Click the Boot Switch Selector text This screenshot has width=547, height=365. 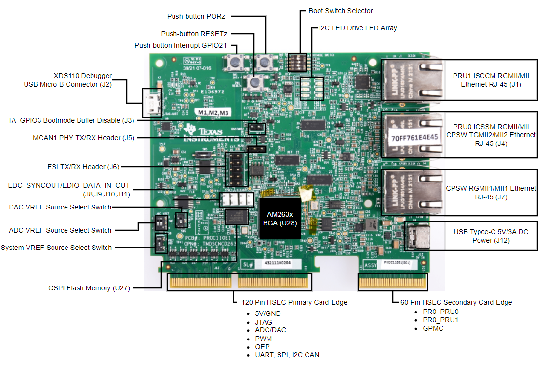(x=340, y=11)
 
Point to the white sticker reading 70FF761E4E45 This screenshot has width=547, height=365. (x=414, y=137)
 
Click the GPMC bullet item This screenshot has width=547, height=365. (x=433, y=328)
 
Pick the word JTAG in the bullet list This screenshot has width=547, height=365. (x=264, y=322)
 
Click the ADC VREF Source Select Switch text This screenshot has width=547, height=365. (x=60, y=230)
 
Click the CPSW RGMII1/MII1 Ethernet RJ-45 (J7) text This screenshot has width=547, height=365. (x=490, y=193)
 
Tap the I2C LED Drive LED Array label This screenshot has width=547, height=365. (x=358, y=28)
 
